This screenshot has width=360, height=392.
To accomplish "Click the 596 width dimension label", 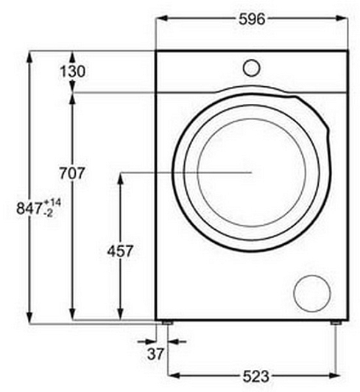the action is point(252,19).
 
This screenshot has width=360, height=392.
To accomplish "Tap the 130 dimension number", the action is point(72,71).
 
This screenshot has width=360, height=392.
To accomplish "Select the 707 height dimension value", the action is point(72,173).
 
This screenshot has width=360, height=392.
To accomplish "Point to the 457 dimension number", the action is point(120,251).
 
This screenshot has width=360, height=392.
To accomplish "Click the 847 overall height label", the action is point(29,209).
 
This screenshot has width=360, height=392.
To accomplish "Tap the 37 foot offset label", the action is point(155,354).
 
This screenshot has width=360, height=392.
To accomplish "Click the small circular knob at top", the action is point(252,68).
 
